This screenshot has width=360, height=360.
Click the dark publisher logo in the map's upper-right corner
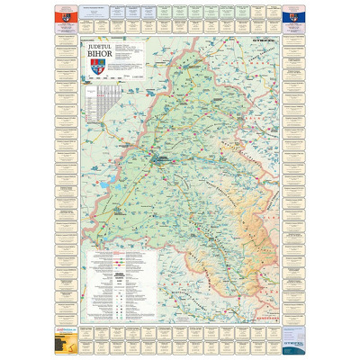tap(267, 40)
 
